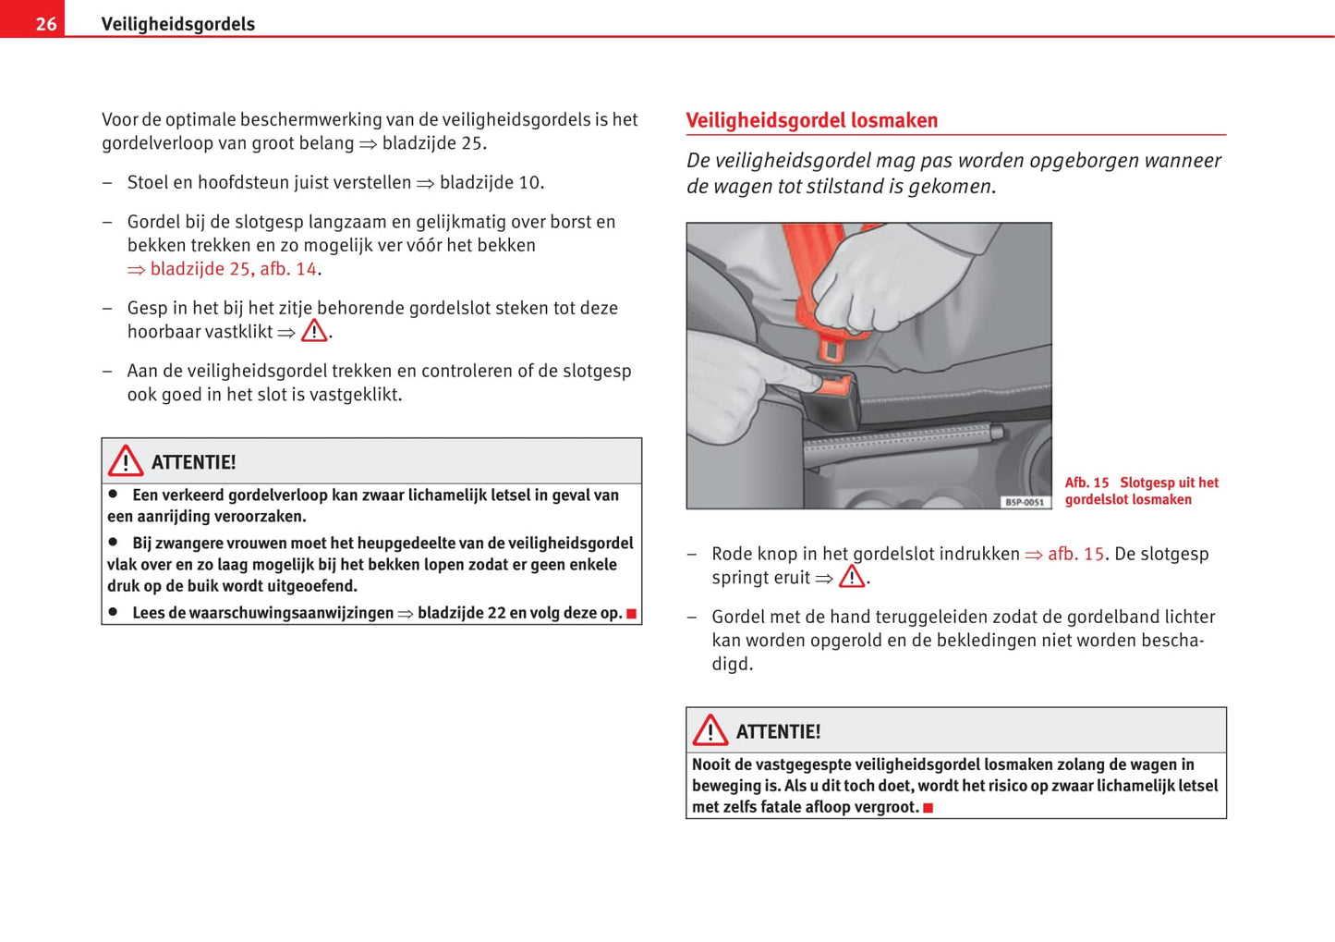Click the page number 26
pos(45,24)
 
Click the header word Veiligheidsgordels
pos(177,24)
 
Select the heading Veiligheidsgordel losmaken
pos(811,120)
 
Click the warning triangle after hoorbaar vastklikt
pos(314,331)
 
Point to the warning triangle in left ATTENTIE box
pos(126,460)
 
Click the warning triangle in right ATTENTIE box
pos(710,730)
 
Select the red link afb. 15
pos(1075,554)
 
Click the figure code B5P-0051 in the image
pos(1025,502)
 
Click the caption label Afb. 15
pos(1086,483)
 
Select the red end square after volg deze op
pos(632,614)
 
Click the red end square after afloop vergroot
pos(928,808)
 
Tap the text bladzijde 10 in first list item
pos(490,182)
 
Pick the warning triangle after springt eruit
pos(852,577)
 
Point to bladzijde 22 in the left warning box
pos(460,613)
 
